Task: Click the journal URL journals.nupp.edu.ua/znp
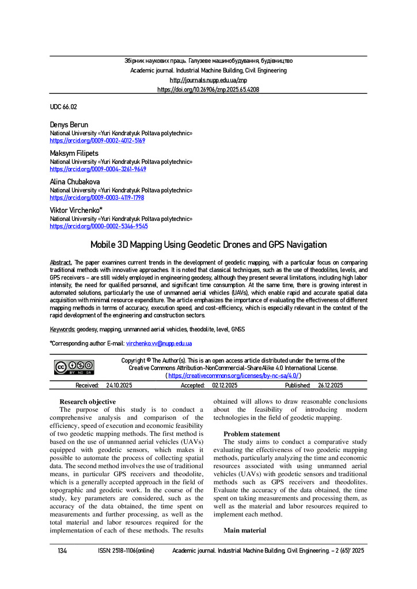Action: (208, 80)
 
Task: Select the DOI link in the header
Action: (208, 90)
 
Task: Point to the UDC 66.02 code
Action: (63, 107)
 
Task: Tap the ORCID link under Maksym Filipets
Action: (97, 169)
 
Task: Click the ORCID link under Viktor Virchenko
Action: (97, 227)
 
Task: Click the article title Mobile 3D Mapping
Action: (208, 245)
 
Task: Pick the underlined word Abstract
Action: (61, 262)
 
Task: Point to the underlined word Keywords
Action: (62, 328)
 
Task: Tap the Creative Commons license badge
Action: (74, 368)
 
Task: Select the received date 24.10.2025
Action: (119, 385)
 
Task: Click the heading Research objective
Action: (88, 401)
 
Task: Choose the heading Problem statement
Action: (252, 434)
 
